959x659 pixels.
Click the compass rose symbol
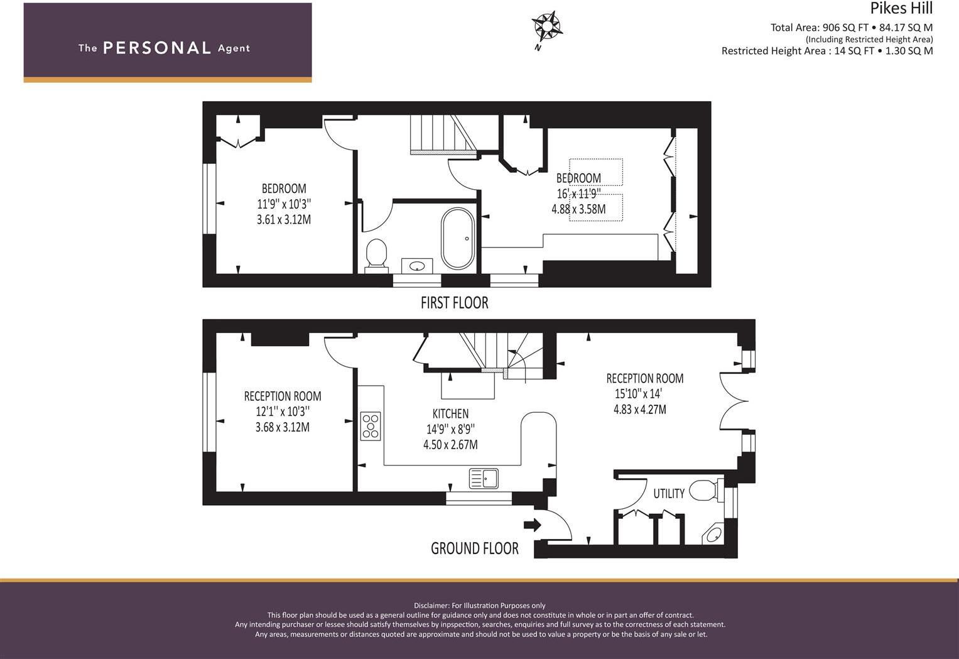tap(546, 27)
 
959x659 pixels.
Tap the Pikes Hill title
tap(901, 9)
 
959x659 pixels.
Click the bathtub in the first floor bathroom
tap(458, 239)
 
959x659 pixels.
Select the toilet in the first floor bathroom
tap(376, 253)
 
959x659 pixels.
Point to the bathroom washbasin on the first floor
tap(416, 266)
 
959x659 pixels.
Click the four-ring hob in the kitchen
tap(371, 426)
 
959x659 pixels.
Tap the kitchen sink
tap(484, 479)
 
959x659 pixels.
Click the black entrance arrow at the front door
tap(533, 525)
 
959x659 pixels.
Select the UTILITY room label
tap(669, 494)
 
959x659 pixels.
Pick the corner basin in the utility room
tap(714, 536)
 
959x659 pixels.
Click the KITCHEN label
tap(450, 414)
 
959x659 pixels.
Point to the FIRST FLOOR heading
tap(454, 303)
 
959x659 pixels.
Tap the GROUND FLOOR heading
tap(474, 548)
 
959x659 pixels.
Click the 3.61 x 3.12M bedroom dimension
tap(284, 220)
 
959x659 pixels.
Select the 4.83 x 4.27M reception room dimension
tap(639, 410)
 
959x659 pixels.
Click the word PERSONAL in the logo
tap(157, 48)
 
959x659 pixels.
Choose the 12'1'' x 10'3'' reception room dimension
tap(283, 412)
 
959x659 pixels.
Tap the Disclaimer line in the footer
tap(479, 606)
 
